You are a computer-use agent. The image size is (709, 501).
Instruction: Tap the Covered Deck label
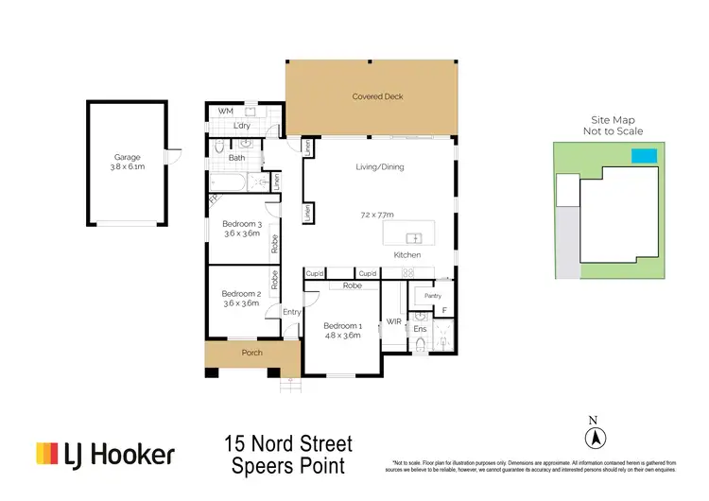371,96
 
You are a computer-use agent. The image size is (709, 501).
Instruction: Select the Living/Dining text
379,167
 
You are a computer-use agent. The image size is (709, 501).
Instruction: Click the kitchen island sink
412,237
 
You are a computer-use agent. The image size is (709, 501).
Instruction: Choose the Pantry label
432,296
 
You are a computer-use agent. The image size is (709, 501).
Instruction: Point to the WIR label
394,322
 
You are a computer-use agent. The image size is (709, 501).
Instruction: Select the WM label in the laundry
225,112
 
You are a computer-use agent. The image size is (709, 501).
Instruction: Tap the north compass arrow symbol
595,438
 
